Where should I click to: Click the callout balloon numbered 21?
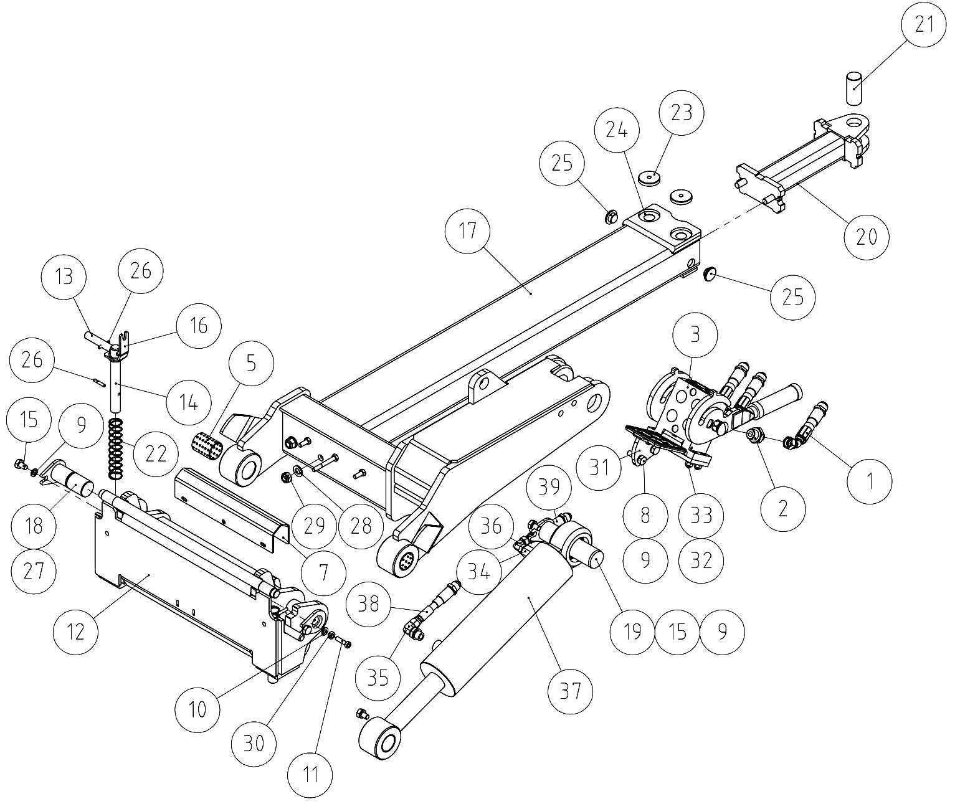(x=924, y=24)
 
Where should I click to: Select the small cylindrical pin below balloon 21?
(x=854, y=87)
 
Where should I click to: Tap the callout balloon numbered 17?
(x=468, y=231)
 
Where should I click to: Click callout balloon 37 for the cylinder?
(x=571, y=691)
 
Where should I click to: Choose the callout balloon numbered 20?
(x=867, y=237)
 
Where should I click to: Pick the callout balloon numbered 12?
(x=76, y=632)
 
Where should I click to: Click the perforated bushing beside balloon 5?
(x=206, y=445)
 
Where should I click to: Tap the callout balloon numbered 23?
(x=682, y=113)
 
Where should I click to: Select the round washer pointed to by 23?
(x=650, y=178)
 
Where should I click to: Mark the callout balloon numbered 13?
(x=64, y=277)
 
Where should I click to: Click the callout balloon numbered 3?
(x=695, y=334)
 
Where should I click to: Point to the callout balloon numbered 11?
(x=310, y=775)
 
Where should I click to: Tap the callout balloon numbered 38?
(x=368, y=605)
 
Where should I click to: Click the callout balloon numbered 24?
(x=617, y=130)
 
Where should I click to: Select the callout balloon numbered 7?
(x=324, y=573)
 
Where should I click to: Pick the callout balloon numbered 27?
(x=34, y=571)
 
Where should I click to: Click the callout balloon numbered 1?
(x=870, y=481)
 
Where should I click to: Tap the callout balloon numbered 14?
(x=189, y=403)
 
